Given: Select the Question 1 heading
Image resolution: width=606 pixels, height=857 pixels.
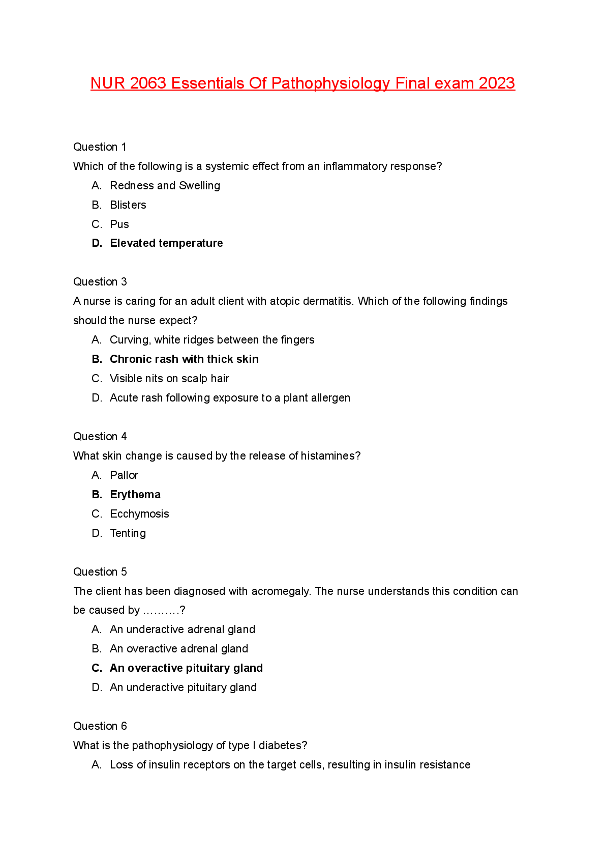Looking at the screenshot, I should point(100,147).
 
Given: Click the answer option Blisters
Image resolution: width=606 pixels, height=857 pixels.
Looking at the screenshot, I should point(128,205).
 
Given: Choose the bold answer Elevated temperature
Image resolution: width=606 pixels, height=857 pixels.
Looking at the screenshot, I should point(166,243).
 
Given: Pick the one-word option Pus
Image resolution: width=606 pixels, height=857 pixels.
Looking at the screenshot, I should point(119,224).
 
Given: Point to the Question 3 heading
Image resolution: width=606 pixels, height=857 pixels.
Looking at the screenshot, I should point(100,282).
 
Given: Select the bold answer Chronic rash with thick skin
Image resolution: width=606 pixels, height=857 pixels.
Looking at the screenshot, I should point(184,359).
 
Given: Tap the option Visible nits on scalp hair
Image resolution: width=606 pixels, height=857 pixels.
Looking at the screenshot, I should point(169,379).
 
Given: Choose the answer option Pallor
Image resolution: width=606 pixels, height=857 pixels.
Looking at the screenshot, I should point(124,475).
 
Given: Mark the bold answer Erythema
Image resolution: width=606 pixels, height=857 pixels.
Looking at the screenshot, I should point(135,495).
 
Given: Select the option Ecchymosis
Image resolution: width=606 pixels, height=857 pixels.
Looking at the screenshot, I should point(139,514).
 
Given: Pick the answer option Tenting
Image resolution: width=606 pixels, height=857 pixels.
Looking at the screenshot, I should point(128,533).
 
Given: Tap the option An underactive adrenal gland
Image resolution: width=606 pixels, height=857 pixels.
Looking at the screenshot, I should point(183,630).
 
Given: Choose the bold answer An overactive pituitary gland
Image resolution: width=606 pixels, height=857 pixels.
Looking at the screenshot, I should point(186,668).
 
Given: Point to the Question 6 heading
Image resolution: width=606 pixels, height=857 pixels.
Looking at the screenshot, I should point(100,726).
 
